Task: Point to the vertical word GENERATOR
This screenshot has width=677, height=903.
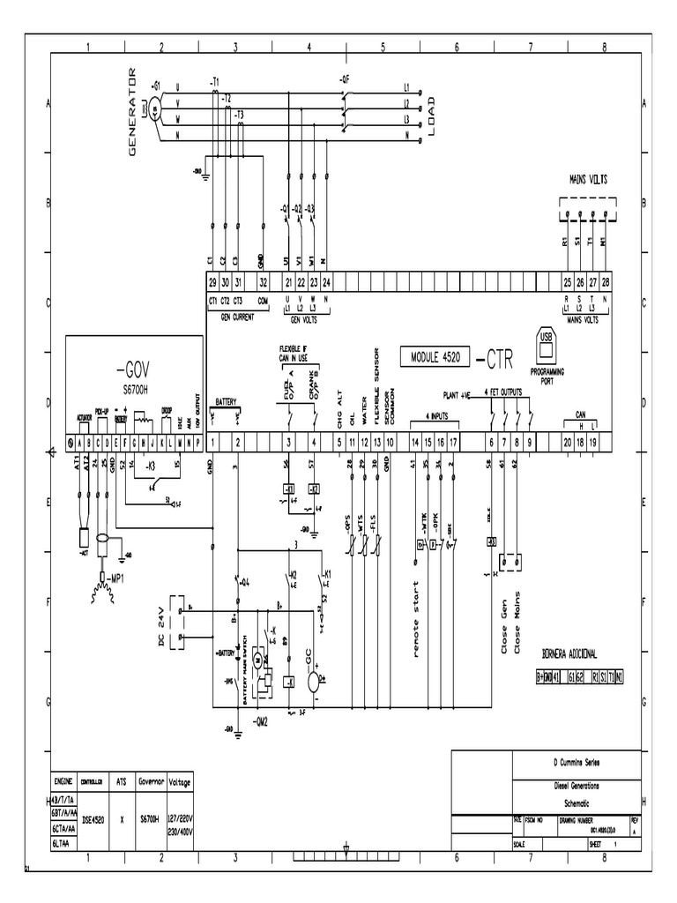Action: pos(134,112)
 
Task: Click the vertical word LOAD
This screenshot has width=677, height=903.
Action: pos(432,113)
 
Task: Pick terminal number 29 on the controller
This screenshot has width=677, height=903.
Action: pos(212,282)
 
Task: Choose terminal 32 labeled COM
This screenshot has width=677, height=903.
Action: pos(263,282)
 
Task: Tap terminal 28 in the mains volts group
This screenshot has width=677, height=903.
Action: pos(606,282)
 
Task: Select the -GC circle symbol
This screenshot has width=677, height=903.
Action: pos(313,680)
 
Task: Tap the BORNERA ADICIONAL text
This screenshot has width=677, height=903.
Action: pos(569,653)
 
